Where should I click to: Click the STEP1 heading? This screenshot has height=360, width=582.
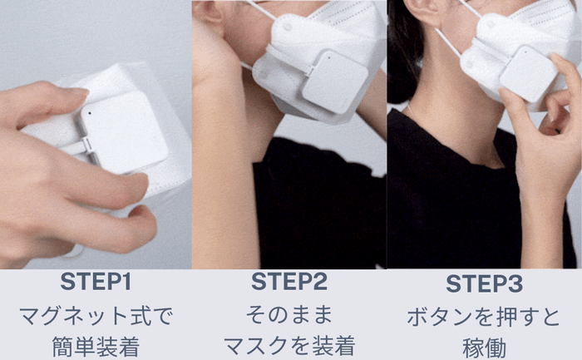tap(97, 283)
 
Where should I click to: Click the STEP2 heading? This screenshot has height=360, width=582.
tap(290, 283)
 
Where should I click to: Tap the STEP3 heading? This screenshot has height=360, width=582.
tap(484, 284)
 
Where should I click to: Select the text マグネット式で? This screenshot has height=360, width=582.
tap(97, 316)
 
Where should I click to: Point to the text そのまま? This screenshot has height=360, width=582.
tap(290, 316)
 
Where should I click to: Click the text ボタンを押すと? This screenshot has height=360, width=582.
tap(484, 317)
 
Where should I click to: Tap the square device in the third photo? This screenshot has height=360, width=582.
tap(528, 74)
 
